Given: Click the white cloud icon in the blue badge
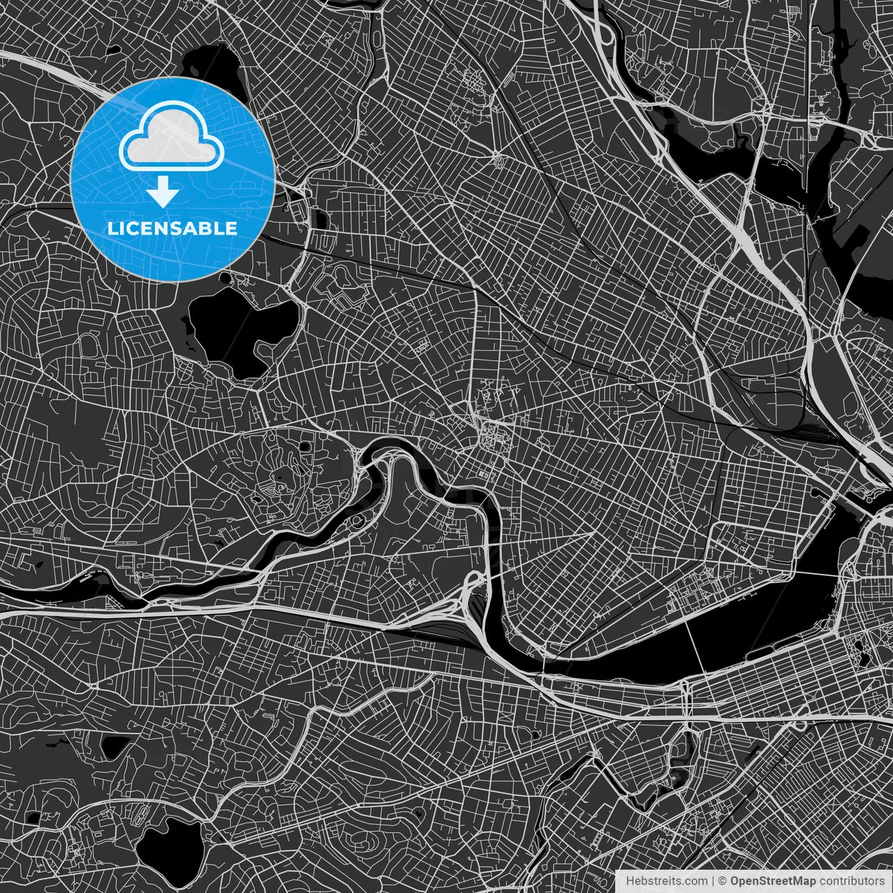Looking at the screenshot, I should coord(172,137).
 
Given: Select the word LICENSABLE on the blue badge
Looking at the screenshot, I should coord(172,228).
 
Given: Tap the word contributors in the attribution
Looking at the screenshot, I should coord(850,881).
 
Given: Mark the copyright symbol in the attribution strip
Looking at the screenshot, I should coord(723,881).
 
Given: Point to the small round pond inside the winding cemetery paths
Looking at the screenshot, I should coord(304,446).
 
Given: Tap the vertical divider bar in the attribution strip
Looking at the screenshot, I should coord(712,881).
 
